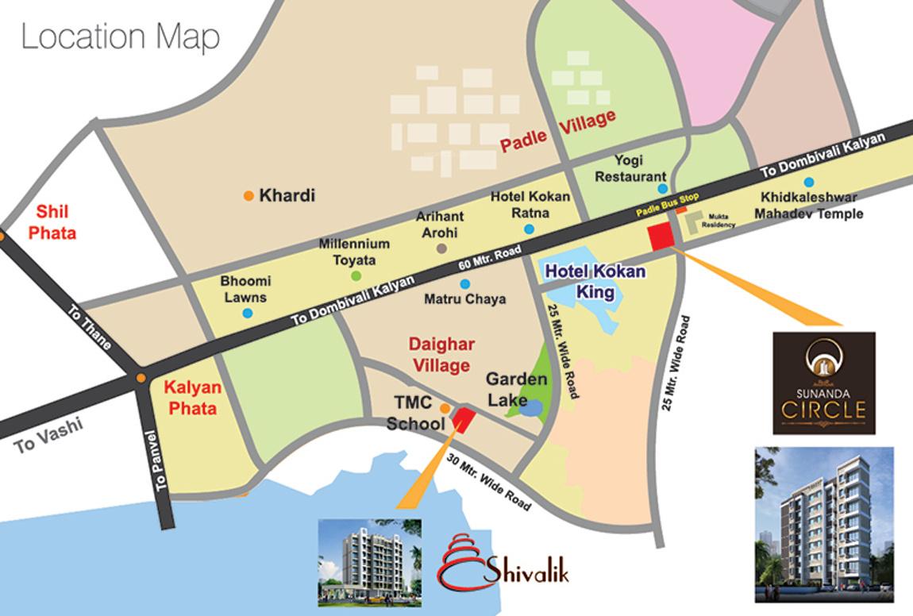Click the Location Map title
point(120,37)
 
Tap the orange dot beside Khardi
point(248,195)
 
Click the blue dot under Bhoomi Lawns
point(248,313)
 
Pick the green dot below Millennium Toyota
point(356,275)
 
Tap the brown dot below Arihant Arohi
point(442,249)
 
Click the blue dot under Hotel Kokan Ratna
point(529,229)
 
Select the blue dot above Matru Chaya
point(464,283)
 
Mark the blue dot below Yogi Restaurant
point(662,189)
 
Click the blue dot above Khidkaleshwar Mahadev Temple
point(808,182)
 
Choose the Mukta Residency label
point(718,221)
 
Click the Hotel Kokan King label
point(595,282)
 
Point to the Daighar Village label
point(439,355)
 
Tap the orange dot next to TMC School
point(445,409)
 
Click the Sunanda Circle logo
point(823,383)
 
